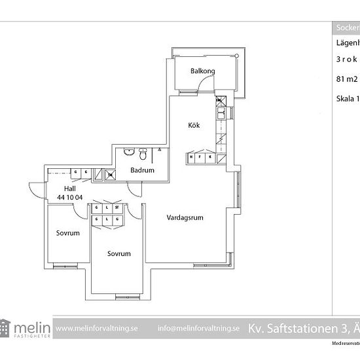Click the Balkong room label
tap(202, 71)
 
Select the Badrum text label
tap(142, 170)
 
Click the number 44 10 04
tap(70, 197)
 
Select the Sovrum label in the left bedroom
tap(67, 232)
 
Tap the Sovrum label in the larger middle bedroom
tap(120, 253)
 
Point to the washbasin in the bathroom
tap(129, 153)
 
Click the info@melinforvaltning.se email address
tap(198, 328)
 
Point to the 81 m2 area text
tap(342, 79)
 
